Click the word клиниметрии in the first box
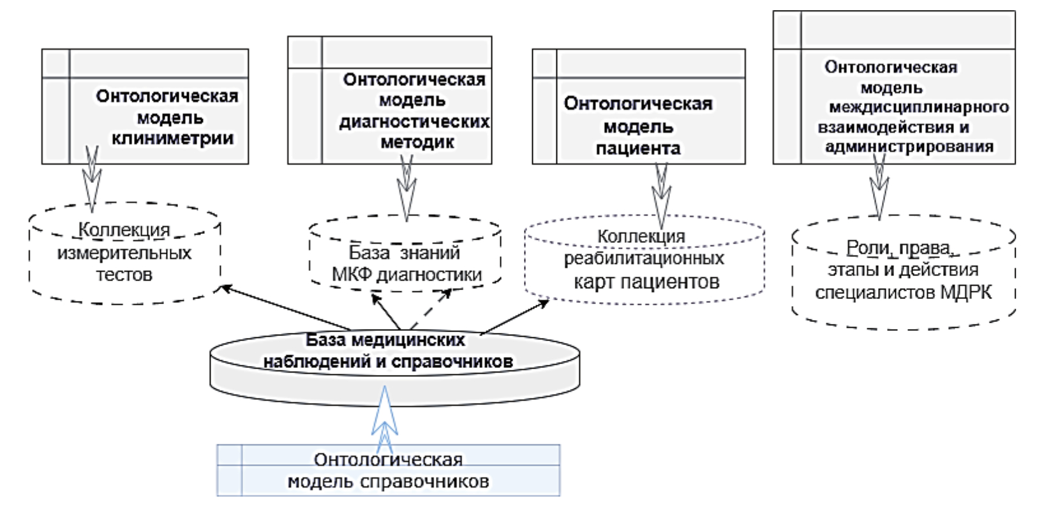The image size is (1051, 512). coord(173,138)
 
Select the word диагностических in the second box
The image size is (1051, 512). coord(414,122)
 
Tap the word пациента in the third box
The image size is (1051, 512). coord(638,149)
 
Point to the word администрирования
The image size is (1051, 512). coord(909,147)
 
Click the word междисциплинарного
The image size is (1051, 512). coord(919,107)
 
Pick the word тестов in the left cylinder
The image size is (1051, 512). coord(124,275)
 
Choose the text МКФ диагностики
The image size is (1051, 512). coord(407,275)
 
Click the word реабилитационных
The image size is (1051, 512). coord(644,258)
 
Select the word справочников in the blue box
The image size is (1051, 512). coord(426,481)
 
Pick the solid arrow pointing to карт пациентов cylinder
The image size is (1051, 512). coord(514,316)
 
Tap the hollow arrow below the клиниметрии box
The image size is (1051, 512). coord(91,179)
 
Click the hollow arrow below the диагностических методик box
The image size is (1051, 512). coord(406,189)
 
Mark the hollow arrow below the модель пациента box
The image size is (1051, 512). coord(662,194)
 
